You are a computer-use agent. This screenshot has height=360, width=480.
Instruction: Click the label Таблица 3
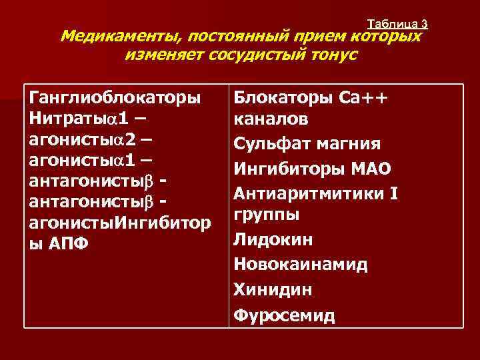[x=397, y=24]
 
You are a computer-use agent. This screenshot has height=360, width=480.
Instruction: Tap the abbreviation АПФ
[x=69, y=243]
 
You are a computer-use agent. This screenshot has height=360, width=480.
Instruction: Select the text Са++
[x=363, y=98]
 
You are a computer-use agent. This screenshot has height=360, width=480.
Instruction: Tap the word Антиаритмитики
[x=307, y=194]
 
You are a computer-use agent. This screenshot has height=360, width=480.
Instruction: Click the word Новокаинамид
[x=301, y=265]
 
